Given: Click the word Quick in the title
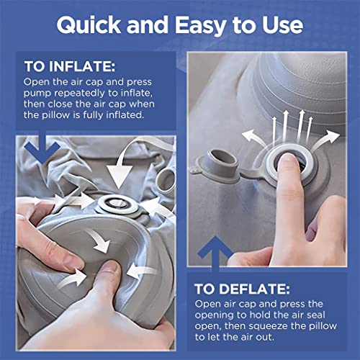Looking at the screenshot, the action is point(89,25).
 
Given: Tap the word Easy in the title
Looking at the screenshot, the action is point(201,26).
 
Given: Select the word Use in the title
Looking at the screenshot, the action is point(282,25).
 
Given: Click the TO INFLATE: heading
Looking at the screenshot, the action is point(70,66).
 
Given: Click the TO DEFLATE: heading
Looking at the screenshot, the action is point(242,289).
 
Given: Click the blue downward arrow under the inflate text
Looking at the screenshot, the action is point(42,148).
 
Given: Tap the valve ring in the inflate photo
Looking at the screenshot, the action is point(117,204).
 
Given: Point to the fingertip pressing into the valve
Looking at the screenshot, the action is point(287,160).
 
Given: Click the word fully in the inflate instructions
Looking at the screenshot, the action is point(93,115).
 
